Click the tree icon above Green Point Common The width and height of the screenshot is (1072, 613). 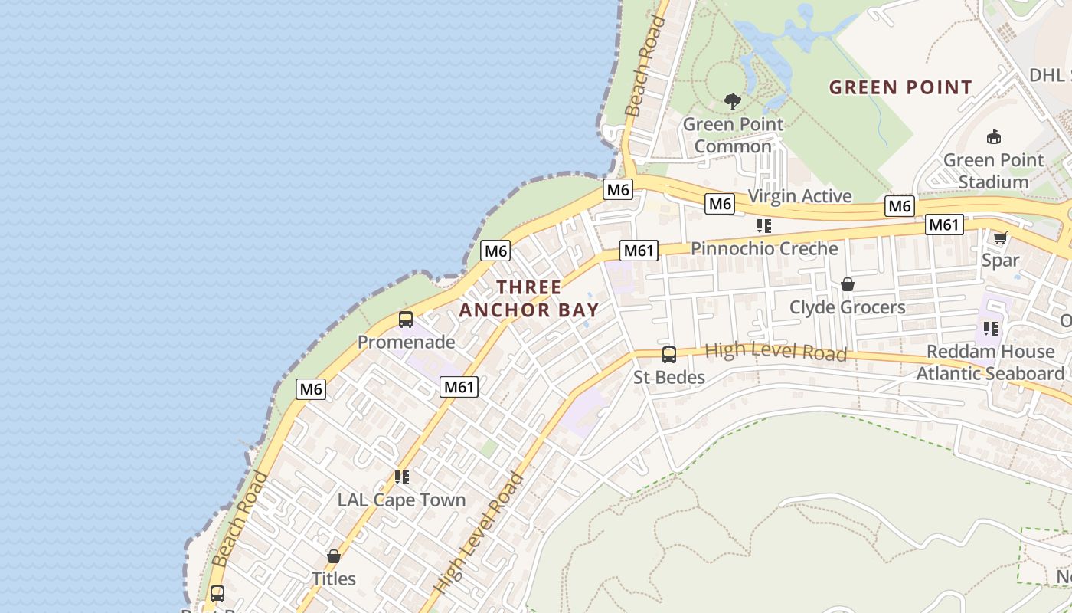coord(733,101)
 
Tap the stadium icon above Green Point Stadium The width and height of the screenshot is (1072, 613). coord(994,137)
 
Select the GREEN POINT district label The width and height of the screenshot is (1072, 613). coord(900,87)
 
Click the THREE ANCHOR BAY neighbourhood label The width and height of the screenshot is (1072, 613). coord(529,298)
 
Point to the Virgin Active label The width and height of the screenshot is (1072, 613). coord(799,196)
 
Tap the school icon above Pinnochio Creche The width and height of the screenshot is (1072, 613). coord(763,225)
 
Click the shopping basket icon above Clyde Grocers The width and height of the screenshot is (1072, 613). coord(847,284)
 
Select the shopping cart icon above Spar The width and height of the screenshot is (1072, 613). coord(1000,238)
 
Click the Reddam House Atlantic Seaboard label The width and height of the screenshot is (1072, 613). coord(991,362)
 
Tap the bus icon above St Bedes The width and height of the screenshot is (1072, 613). coord(668,355)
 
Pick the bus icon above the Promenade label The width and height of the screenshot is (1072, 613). coord(406,320)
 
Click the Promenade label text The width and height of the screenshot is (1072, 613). coord(406,342)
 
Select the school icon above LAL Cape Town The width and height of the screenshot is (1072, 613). coord(402,477)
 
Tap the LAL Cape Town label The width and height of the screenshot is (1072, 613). coord(401,500)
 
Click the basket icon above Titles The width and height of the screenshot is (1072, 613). coord(334,556)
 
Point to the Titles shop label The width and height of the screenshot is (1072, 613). coord(334,578)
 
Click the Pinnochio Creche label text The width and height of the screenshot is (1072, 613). coord(764,248)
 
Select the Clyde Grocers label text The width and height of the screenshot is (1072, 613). coord(847,307)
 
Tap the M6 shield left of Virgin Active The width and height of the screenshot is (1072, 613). coord(720,204)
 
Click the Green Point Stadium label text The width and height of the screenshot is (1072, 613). coord(994,171)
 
